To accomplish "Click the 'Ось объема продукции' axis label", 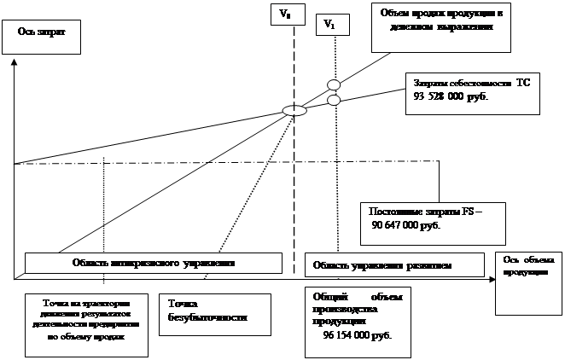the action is coord(527,265).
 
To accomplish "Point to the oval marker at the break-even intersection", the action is coord(294,110).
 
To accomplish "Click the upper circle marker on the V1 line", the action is coord(334,85).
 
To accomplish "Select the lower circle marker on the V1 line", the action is coord(334,101).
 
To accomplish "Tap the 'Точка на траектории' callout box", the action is coord(82,320).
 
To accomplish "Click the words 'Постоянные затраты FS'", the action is coord(425,211).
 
